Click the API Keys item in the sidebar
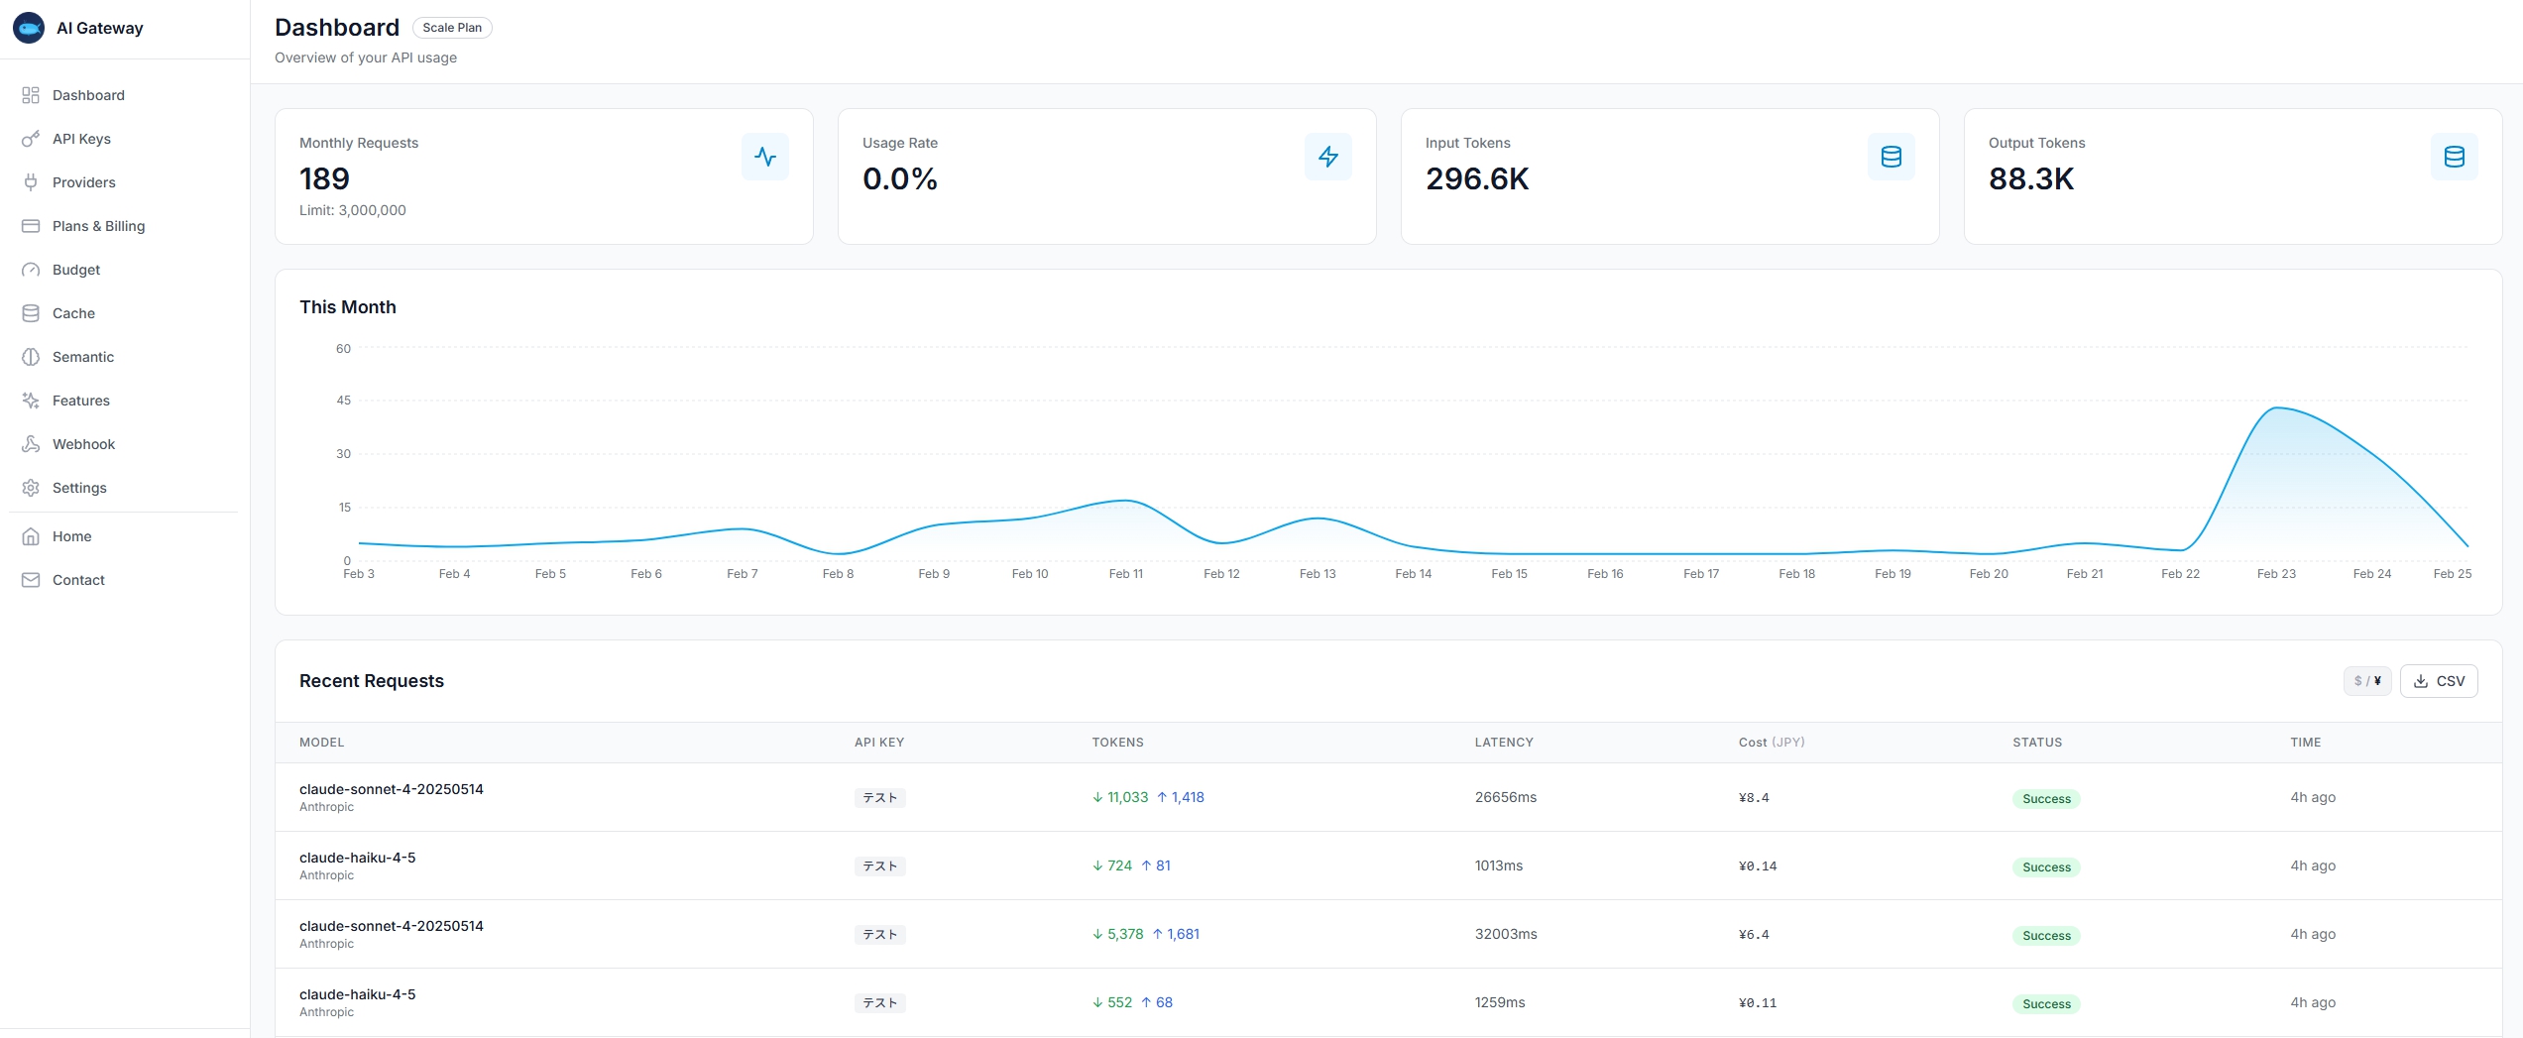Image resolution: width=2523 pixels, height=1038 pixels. [81, 139]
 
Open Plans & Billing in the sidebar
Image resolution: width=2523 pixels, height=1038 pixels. [98, 226]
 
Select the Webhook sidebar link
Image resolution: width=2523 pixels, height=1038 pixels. [83, 444]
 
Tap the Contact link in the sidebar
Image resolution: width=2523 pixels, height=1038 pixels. [78, 580]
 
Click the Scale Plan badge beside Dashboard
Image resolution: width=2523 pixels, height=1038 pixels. [452, 28]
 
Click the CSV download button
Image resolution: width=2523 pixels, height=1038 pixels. [2439, 681]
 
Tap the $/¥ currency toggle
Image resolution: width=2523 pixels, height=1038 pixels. [2367, 681]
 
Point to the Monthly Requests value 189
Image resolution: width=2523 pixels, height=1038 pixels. [324, 178]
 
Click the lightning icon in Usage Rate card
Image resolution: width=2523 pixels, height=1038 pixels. [1327, 157]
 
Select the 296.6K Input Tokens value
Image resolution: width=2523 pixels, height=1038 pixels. [1477, 178]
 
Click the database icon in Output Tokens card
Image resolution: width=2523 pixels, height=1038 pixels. [2454, 157]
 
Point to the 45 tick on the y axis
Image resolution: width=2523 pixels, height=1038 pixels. [343, 401]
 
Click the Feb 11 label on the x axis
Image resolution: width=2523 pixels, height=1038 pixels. [1125, 574]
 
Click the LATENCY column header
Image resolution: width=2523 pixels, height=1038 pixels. [1504, 743]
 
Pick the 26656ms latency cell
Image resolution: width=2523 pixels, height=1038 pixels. [1505, 797]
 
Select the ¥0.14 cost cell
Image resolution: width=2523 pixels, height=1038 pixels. [1757, 866]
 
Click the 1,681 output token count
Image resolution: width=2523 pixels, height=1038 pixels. [1183, 934]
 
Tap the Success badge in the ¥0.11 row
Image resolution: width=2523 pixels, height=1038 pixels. [2046, 1003]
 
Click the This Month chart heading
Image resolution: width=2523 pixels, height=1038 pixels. [348, 307]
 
